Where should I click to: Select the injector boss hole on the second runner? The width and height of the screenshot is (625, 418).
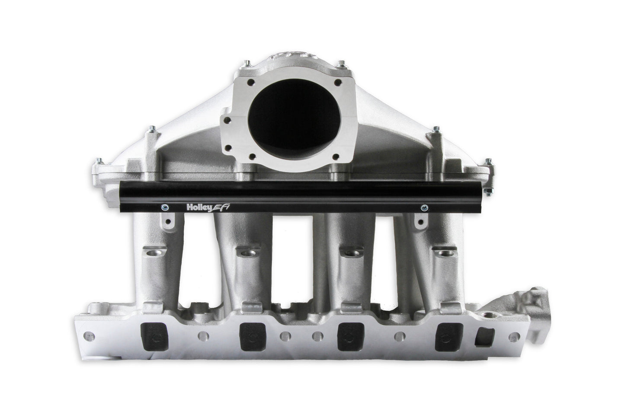point(247,252)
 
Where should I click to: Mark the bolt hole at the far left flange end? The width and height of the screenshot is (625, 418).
point(88,335)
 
